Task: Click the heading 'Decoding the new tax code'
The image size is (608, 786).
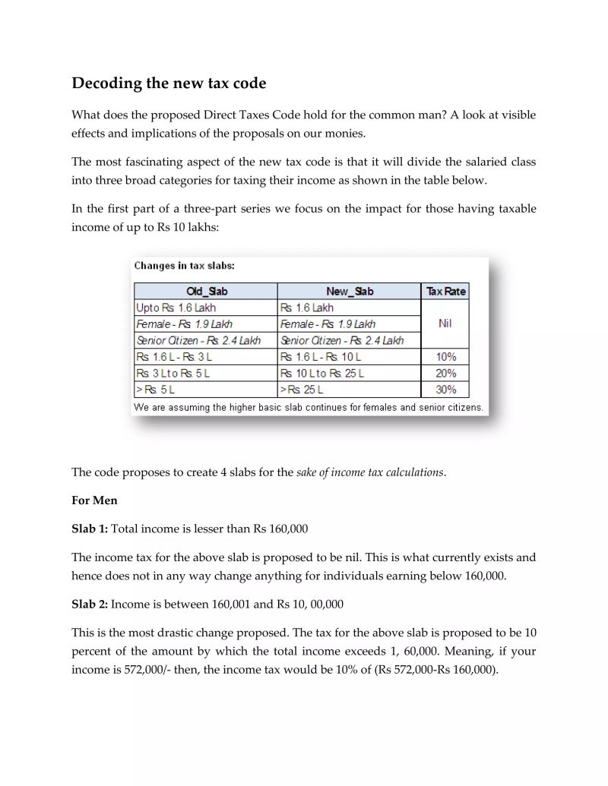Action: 169,83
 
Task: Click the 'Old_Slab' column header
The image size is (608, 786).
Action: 206,292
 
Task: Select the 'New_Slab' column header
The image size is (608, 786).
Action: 349,292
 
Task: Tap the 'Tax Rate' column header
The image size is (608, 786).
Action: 445,292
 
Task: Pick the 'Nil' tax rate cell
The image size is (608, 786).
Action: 445,324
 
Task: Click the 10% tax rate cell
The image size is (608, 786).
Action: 445,357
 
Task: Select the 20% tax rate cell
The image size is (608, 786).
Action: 445,374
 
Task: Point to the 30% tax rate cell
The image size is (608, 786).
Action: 445,390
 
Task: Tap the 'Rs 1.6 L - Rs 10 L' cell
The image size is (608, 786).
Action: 321,357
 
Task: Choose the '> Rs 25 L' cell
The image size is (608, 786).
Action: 302,390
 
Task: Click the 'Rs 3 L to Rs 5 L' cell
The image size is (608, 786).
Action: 173,374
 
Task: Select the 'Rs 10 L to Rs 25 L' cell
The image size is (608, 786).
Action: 322,374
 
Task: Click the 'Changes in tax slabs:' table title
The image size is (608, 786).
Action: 184,266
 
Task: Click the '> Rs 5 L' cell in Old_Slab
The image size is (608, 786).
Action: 155,390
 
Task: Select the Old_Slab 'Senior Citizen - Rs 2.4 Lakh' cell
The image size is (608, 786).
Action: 198,340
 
